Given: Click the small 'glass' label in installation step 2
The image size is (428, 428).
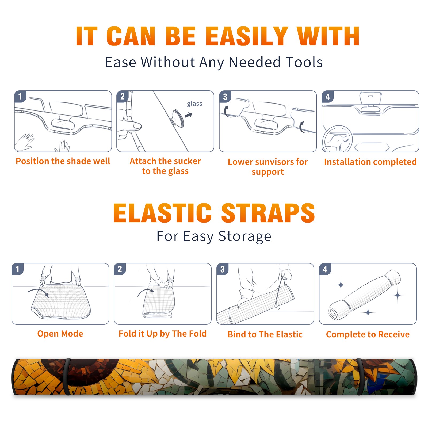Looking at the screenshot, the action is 194,104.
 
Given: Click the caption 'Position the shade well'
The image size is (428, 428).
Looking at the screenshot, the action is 63,161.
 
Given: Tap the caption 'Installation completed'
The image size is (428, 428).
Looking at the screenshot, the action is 370,162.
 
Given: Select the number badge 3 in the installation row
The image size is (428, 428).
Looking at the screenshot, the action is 225,97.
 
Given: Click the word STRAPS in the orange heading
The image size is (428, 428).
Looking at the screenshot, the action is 268,213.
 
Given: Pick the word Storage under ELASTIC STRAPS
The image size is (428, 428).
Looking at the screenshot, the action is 245,236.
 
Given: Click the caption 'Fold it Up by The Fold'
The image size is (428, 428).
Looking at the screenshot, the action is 163,334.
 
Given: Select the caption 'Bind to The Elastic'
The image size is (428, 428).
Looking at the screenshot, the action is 265,334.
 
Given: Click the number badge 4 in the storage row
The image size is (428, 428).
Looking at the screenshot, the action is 325,269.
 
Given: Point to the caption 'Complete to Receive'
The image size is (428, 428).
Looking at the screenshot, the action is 368,334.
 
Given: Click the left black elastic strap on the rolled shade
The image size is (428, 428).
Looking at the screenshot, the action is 67,377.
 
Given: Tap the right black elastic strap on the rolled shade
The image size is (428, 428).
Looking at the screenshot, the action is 360,377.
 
